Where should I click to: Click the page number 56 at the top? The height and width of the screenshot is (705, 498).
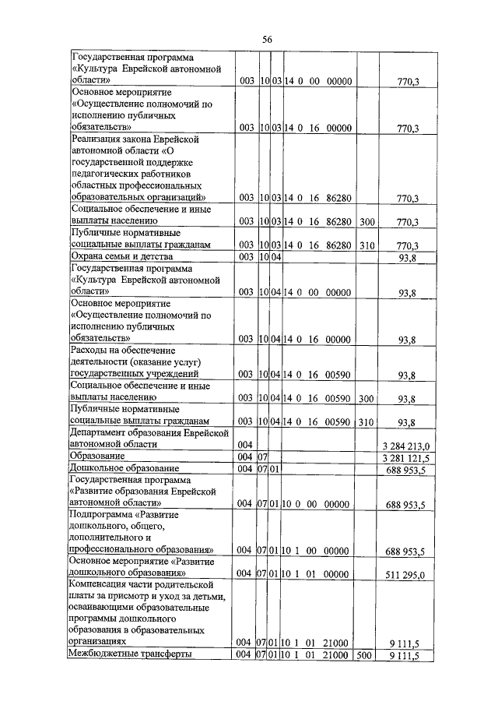pyautogui.click(x=266, y=40)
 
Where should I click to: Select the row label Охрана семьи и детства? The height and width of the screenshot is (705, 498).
pyautogui.click(x=121, y=256)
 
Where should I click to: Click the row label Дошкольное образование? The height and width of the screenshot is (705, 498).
pyautogui.click(x=124, y=468)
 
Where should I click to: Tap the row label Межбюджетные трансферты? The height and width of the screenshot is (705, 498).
pyautogui.click(x=131, y=655)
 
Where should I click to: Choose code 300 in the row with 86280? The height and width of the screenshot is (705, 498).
pyautogui.click(x=366, y=223)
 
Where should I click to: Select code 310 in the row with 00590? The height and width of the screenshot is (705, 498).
pyautogui.click(x=366, y=422)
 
